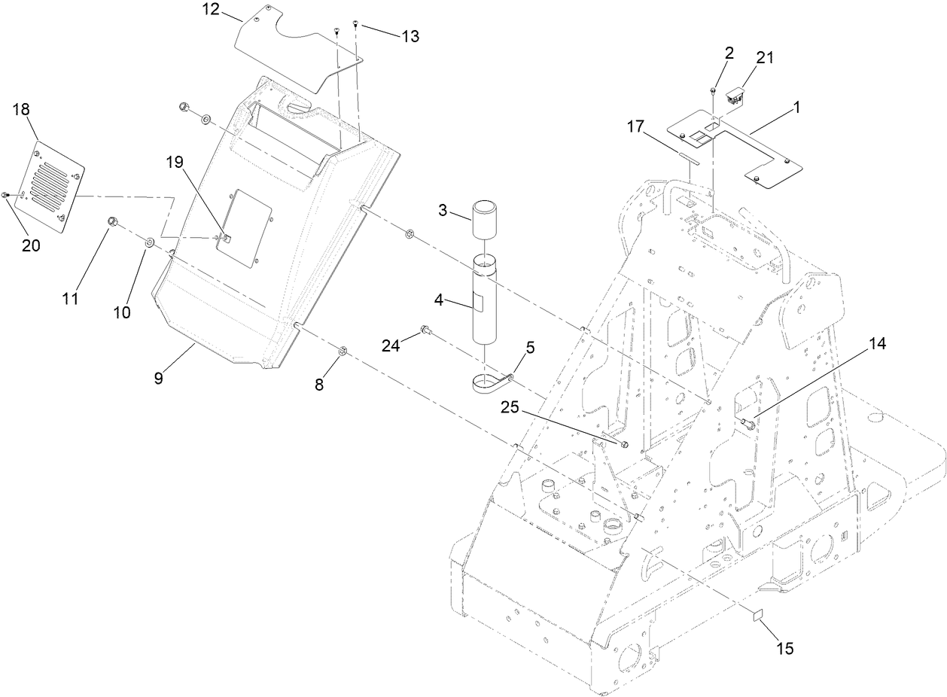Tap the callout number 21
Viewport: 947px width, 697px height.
(x=745, y=58)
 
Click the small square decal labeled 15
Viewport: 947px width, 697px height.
(x=756, y=615)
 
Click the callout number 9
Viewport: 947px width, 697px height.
(x=159, y=378)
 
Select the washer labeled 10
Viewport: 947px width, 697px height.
(x=149, y=242)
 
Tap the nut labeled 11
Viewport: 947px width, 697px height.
(x=113, y=221)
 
